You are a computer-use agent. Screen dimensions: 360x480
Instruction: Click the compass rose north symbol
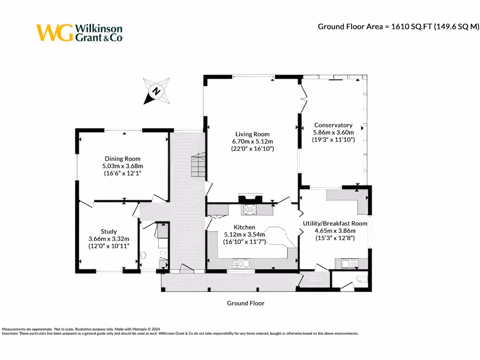coord(157,91)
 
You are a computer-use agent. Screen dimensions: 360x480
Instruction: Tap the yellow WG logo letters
coord(54,33)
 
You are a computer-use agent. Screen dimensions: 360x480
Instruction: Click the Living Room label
coord(252,135)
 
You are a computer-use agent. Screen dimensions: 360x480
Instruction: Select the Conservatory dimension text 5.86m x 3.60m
coord(333,132)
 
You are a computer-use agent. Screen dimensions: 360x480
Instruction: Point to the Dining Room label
coord(122,159)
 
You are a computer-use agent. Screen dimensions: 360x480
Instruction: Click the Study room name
coord(109,232)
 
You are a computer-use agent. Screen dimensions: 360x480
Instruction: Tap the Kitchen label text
coord(244,227)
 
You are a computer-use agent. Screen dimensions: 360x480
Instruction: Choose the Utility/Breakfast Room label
coord(335,224)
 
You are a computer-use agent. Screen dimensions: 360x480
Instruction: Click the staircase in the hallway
coord(197,165)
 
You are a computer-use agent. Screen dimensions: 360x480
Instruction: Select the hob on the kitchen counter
coord(249,209)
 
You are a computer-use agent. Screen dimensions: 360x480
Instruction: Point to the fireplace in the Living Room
coord(251,198)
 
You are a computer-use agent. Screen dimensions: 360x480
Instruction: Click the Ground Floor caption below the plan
coord(246,303)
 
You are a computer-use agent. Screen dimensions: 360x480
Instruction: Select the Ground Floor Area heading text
coord(398,27)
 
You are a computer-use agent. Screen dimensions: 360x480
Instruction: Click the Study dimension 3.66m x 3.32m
coord(109,239)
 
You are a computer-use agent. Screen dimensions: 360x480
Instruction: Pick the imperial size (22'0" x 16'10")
coord(252,149)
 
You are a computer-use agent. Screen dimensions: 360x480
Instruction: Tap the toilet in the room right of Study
coord(143,255)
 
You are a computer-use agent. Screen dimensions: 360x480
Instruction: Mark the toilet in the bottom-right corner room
coord(360,279)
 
